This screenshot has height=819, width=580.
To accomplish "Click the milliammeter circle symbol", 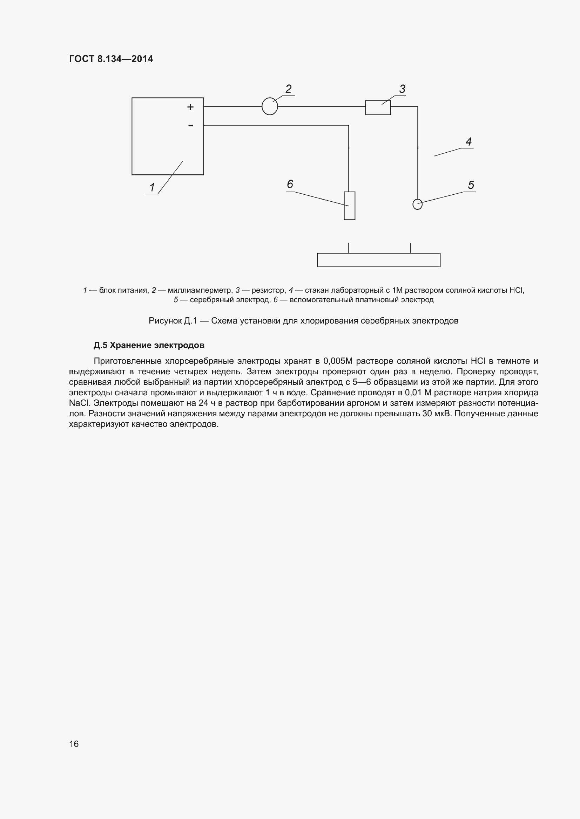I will (270, 106).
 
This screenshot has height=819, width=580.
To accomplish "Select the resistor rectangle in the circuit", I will (378, 108).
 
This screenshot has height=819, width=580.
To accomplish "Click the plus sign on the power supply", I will (191, 107).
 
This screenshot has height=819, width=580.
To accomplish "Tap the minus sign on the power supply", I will (191, 125).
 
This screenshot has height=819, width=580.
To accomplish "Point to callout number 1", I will (152, 187).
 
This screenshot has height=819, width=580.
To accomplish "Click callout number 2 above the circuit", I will (289, 89).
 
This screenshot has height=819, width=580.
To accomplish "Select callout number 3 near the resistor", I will (402, 89).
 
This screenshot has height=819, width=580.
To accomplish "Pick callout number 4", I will (468, 141).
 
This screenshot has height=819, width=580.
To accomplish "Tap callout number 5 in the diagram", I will (471, 185).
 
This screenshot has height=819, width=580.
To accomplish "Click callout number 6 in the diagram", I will (290, 184).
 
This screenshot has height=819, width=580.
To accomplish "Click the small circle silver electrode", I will (417, 204).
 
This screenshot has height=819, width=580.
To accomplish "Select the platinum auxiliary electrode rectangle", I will (349, 206).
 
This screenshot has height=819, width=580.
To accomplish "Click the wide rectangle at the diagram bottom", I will (379, 260).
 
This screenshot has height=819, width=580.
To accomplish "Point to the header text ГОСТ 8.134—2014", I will (111, 59).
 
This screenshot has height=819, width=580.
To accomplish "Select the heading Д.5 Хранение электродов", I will (149, 345).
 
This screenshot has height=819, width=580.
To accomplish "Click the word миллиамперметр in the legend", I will (200, 290).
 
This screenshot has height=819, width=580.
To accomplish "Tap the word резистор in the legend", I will (268, 290).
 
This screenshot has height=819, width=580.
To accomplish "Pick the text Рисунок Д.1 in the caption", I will (173, 321).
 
